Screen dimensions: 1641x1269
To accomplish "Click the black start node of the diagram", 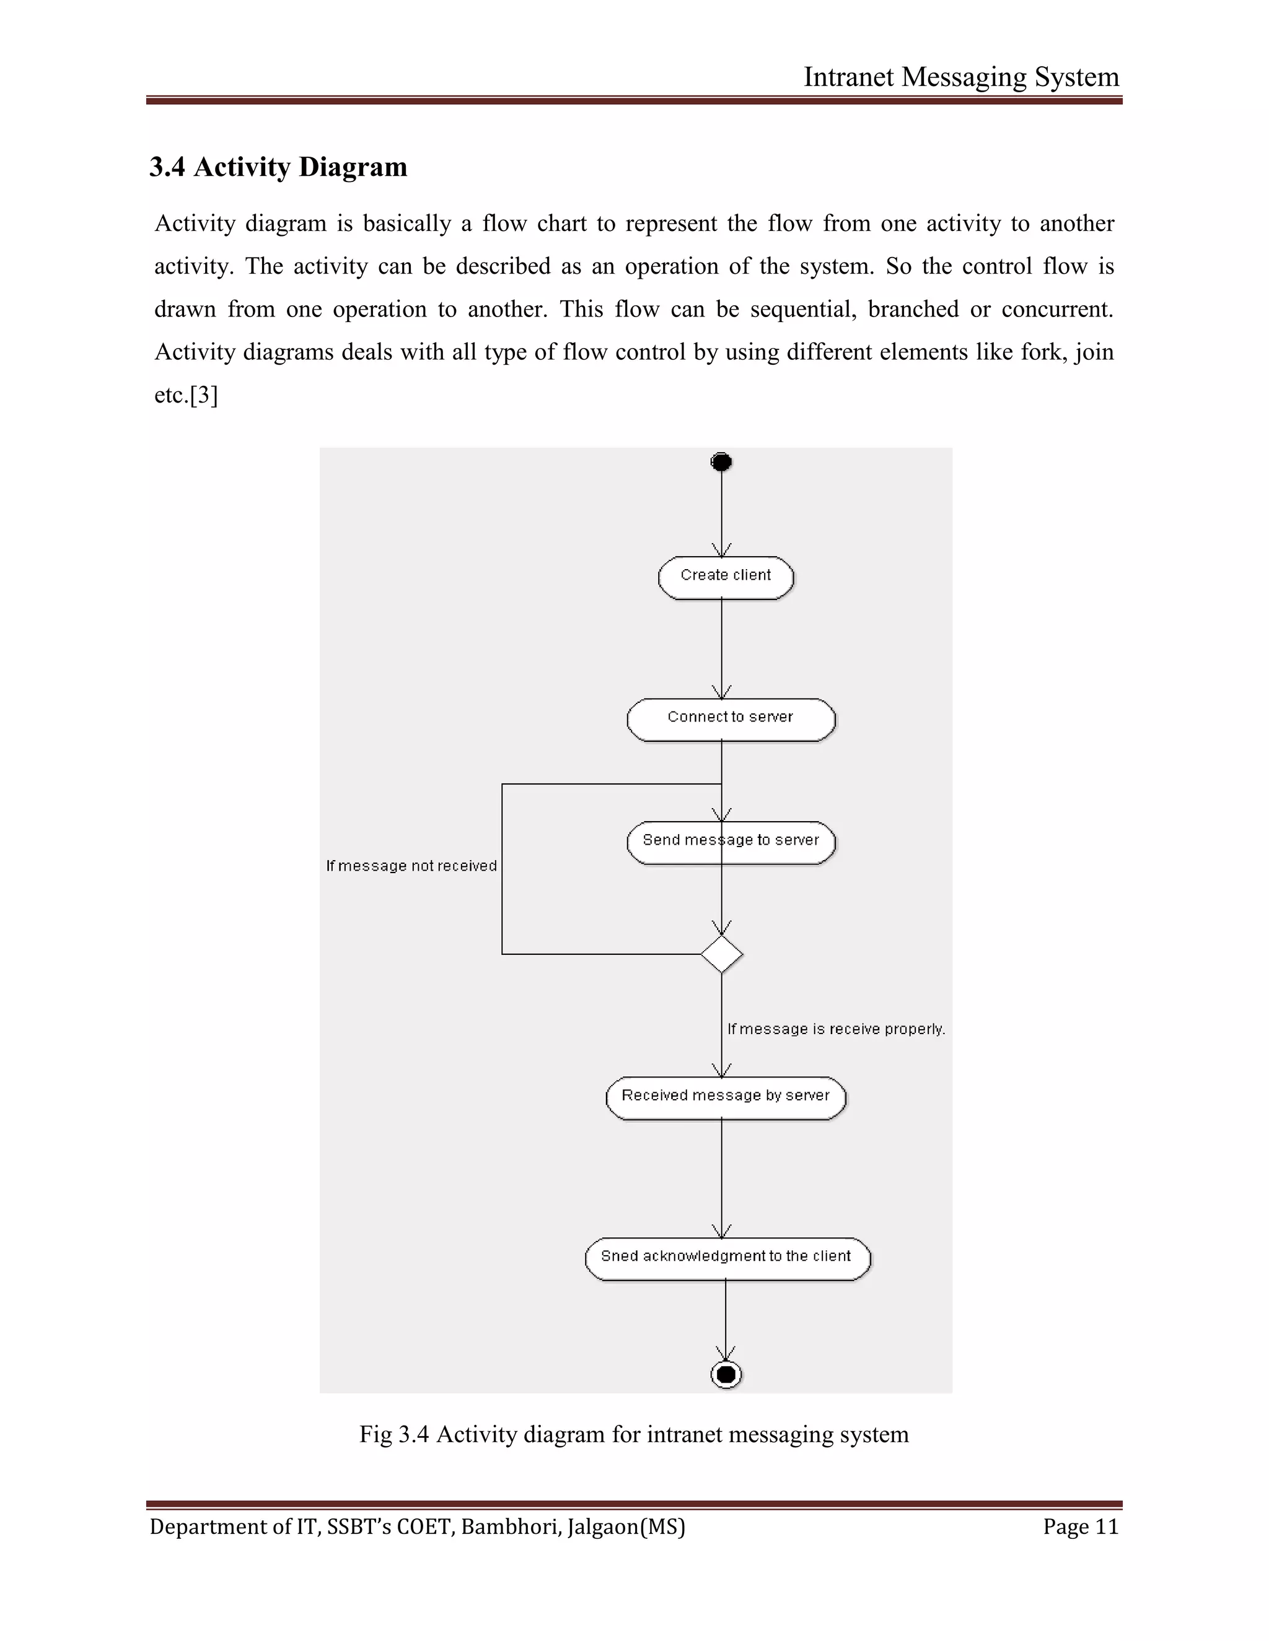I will (721, 461).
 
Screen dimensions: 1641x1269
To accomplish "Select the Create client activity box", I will (726, 577).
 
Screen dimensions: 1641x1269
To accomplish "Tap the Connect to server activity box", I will (731, 719).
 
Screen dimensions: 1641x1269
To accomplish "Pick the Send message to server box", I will (731, 842).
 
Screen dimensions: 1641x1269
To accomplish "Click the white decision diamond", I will (722, 954).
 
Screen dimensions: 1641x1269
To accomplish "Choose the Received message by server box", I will (726, 1098).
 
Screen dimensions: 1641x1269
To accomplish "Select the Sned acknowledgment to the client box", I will (727, 1258).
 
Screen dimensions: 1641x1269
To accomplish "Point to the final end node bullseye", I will (726, 1374).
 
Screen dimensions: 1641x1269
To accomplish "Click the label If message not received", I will (411, 866).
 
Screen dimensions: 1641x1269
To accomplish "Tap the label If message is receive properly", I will (836, 1029).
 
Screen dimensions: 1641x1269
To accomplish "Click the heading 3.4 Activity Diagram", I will (278, 167).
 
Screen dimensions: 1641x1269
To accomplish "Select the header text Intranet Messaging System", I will (961, 77).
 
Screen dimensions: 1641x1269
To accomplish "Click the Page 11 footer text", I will (1080, 1527).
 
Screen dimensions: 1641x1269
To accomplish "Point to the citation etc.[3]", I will (186, 395).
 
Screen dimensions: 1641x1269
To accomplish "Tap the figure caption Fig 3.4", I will (633, 1434).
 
